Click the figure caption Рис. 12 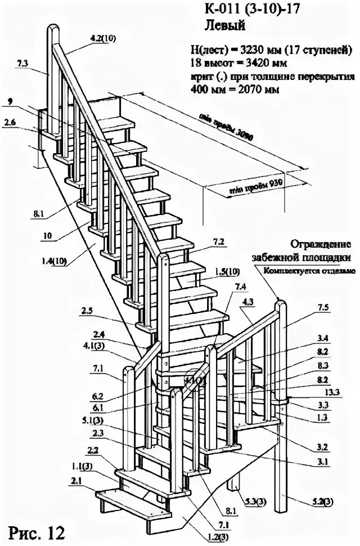tap(36, 531)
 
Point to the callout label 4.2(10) tap(102, 38)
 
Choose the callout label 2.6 tap(10, 123)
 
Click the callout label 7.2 tap(219, 243)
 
